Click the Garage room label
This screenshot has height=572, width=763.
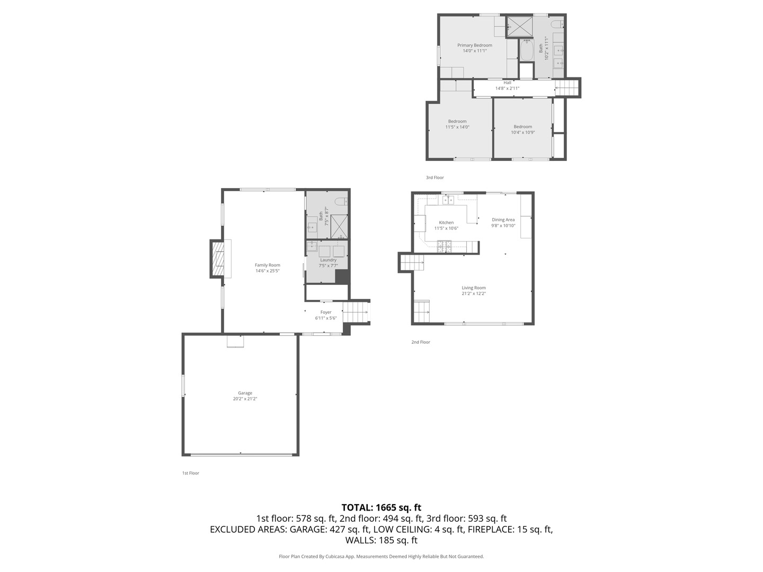coord(245,393)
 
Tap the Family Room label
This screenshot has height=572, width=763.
coord(267,265)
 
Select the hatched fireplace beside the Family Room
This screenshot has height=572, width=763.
coord(217,258)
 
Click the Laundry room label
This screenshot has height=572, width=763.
coord(328,260)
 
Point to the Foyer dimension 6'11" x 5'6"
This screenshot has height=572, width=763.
coord(326,318)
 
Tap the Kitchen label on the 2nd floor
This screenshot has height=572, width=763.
coord(446,222)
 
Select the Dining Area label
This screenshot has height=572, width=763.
coord(503,220)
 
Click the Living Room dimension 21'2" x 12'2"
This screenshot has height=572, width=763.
coord(474,293)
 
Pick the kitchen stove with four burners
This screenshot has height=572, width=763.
coord(444,245)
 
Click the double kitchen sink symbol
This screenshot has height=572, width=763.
coord(448,200)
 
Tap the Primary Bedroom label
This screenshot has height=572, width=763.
coord(475,45)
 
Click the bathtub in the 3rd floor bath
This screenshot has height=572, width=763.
coord(527,50)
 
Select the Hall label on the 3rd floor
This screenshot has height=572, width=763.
coord(507,83)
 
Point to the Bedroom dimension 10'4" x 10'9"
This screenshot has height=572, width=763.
coord(522,132)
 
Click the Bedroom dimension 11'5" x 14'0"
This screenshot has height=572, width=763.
coord(457,127)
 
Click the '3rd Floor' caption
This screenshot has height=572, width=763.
coord(434,177)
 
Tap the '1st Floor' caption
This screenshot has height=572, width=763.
coord(190,473)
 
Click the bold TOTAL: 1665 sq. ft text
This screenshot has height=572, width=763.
coord(381,507)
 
